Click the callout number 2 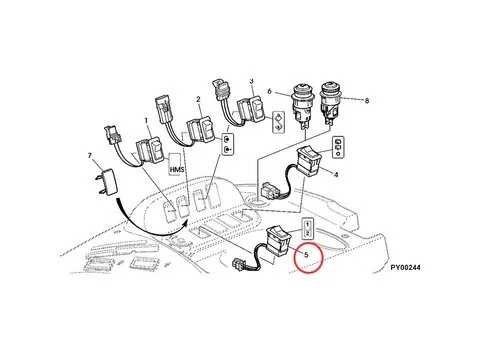tap(199, 100)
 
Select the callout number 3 tap(252, 81)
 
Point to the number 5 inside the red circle tap(305, 254)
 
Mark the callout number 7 tap(91, 157)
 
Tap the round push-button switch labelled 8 tap(331, 103)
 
